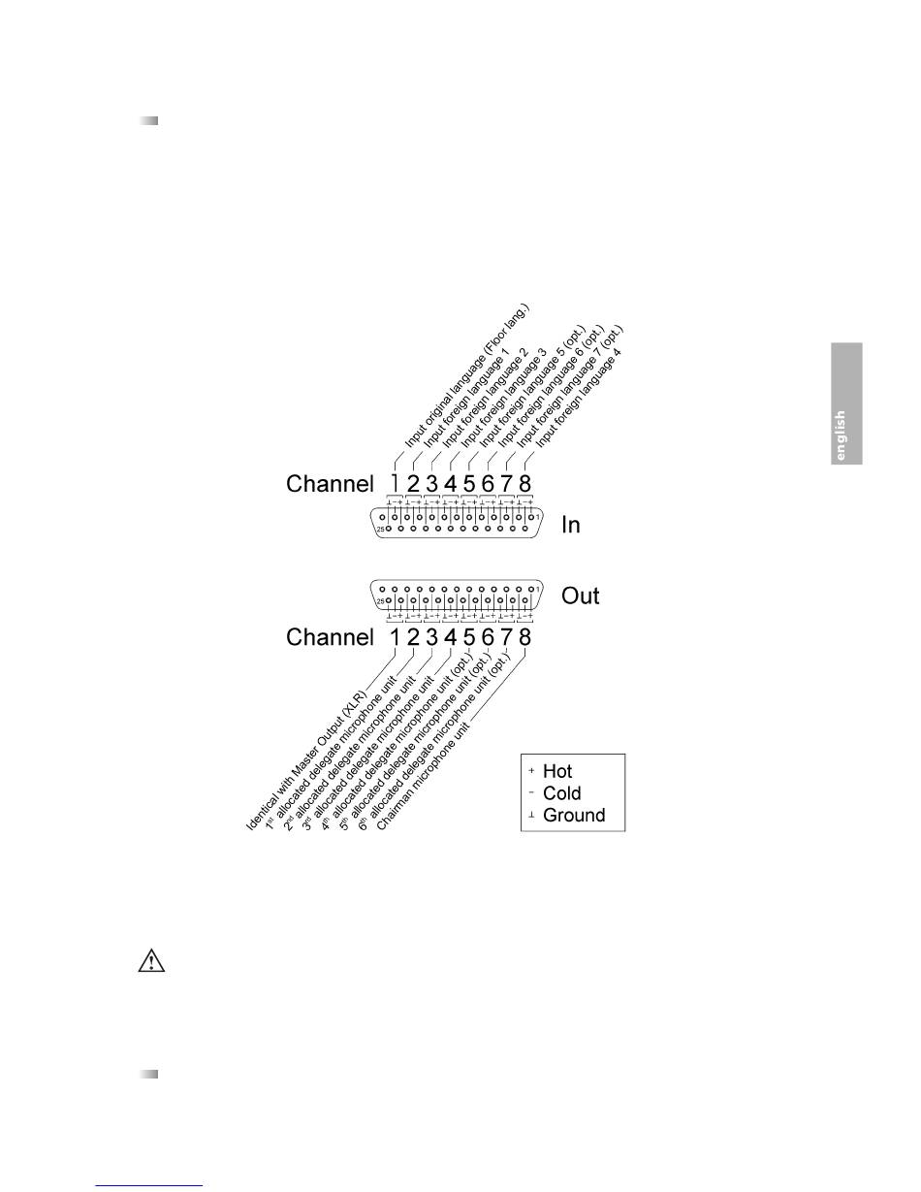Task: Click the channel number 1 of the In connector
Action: [x=395, y=482]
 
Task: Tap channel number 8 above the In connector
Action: [x=524, y=482]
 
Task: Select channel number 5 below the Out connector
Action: [x=469, y=637]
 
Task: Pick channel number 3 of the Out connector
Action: [x=432, y=637]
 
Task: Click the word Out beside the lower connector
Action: [x=581, y=595]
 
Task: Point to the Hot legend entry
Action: [x=557, y=771]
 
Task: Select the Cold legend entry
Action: [x=561, y=793]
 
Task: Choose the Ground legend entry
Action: [x=573, y=816]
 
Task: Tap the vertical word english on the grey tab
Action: [x=841, y=435]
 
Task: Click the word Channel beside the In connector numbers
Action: [x=330, y=483]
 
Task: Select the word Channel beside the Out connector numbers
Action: [x=330, y=637]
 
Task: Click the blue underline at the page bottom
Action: [x=150, y=1185]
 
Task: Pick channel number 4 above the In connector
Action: [x=451, y=482]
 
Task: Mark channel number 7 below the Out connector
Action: [x=506, y=637]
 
